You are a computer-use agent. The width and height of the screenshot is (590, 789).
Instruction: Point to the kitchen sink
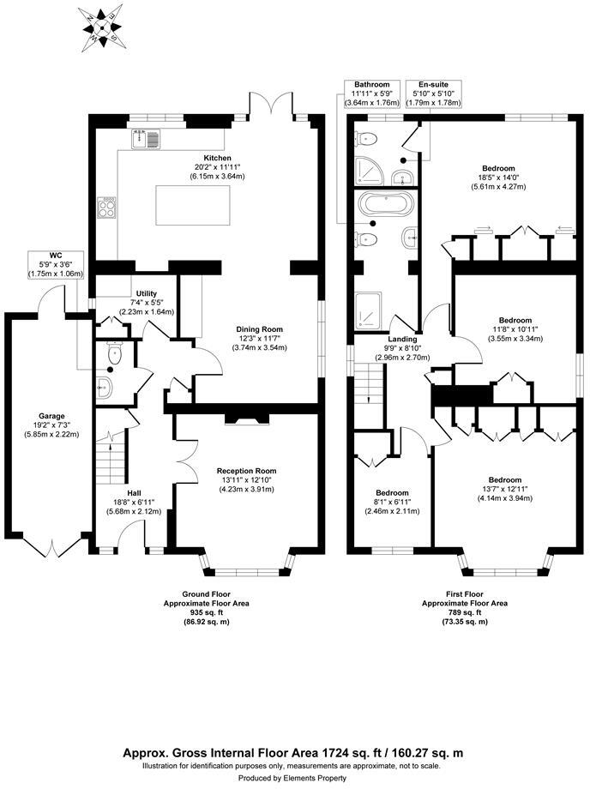pyautogui.click(x=148, y=138)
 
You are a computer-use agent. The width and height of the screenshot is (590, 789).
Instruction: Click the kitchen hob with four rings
pyautogui.click(x=109, y=208)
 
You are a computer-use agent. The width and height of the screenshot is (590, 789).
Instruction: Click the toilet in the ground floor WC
pyautogui.click(x=114, y=352)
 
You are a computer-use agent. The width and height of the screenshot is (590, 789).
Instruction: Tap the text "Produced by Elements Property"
pyautogui.click(x=294, y=777)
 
